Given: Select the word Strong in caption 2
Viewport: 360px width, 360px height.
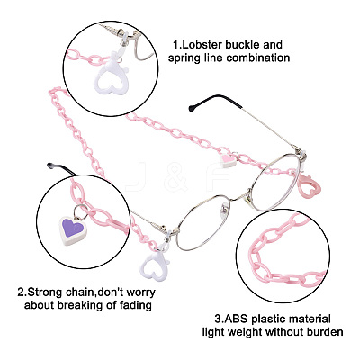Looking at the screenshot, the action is tap(50, 292).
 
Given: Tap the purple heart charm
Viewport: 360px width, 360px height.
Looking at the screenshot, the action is tap(73, 229).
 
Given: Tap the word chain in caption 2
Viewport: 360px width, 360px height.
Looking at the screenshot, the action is tap(83, 292).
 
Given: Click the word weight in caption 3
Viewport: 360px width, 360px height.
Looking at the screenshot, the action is tap(246, 332).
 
